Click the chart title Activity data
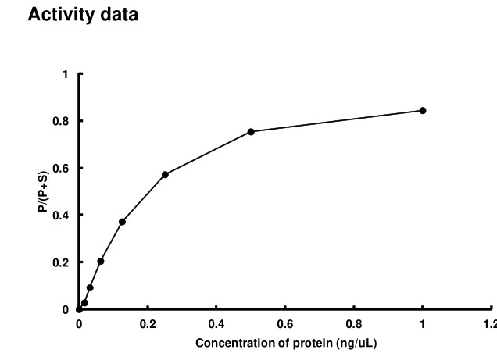pyautogui.click(x=83, y=15)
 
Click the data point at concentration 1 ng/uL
pyautogui.click(x=423, y=110)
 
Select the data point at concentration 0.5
pyautogui.click(x=251, y=131)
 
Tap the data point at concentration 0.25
pyautogui.click(x=165, y=174)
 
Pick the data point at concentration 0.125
pyautogui.click(x=122, y=222)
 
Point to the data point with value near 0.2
pyautogui.click(x=101, y=261)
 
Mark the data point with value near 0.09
pyautogui.click(x=90, y=287)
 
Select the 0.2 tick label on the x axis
pyautogui.click(x=148, y=323)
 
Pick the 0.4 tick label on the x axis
pyautogui.click(x=216, y=323)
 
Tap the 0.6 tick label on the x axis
pyautogui.click(x=285, y=323)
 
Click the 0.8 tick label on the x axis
pyautogui.click(x=354, y=323)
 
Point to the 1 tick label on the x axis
pyautogui.click(x=423, y=323)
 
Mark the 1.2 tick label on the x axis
pyautogui.click(x=489, y=323)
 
